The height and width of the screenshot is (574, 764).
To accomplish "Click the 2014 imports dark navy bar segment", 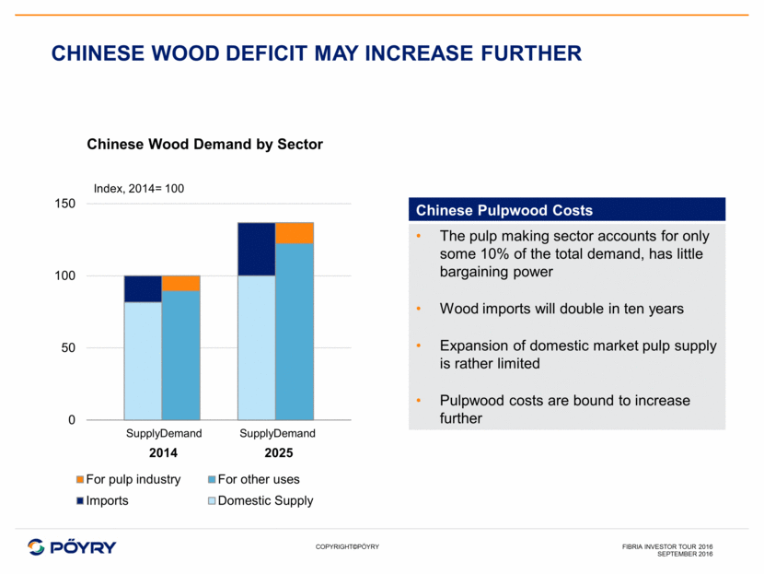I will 143,288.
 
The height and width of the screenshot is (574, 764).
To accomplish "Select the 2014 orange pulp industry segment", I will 180,283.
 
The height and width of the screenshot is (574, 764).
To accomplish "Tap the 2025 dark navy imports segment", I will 256,249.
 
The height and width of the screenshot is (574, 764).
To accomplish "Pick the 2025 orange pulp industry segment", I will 295,232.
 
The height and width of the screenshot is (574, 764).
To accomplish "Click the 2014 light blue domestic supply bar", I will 143,360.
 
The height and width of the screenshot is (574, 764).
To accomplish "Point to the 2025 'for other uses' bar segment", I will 295,332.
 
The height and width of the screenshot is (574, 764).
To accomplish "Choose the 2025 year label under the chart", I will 276,453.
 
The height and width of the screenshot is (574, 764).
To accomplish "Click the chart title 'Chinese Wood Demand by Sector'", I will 204,145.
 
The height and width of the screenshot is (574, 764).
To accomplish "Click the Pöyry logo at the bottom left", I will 72,546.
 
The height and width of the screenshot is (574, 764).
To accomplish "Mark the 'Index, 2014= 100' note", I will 139,188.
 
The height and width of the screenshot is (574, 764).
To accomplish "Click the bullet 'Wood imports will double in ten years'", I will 561,309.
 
